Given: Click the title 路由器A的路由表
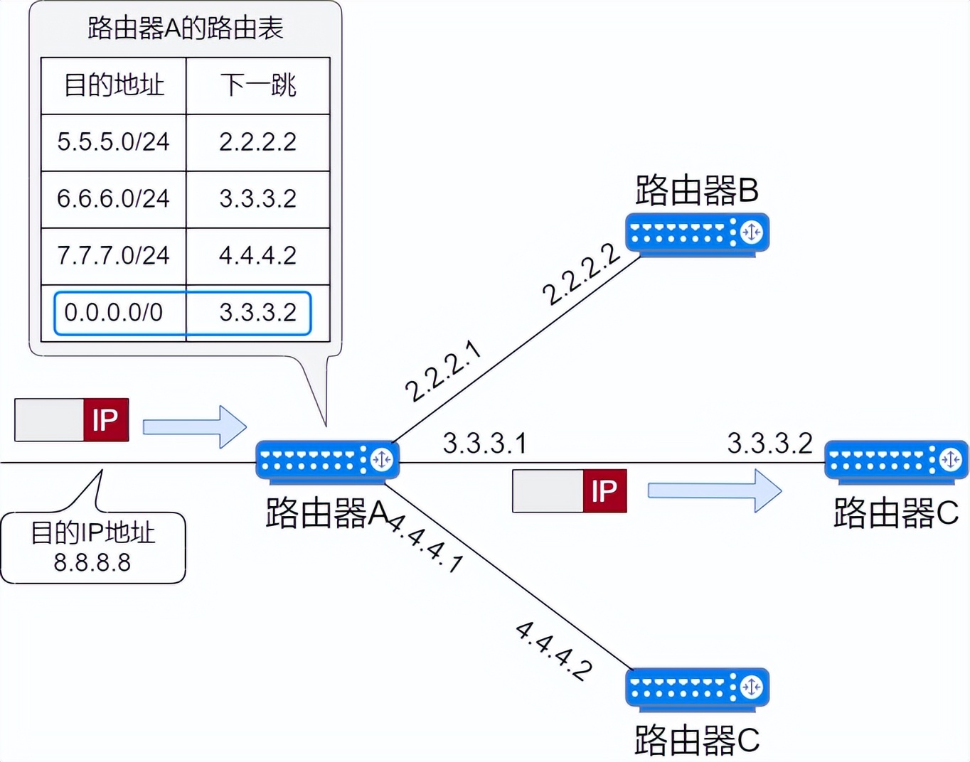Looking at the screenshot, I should pos(185,28).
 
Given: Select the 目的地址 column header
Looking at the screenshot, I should pos(114,85).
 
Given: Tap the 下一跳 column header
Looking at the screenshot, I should pos(258,85).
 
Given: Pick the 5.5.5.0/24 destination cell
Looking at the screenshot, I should pos(114,142).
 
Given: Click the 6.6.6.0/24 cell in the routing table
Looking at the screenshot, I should pos(114,199).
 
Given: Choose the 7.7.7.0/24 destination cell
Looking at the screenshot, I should pos(114,256).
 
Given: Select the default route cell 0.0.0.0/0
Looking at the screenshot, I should pos(114,313).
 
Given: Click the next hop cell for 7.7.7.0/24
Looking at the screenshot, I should pos(258,256).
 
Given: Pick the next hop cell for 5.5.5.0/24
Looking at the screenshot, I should pos(258,142).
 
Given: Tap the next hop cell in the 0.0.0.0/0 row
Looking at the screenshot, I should pos(258,313).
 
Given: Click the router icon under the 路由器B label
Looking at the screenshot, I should pos(697,233).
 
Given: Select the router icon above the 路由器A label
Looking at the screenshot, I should pos(327,461).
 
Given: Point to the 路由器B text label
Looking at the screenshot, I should pos(697,190).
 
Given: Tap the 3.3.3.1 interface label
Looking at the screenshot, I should pos(484,444).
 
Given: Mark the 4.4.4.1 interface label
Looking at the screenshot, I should pos(425,543).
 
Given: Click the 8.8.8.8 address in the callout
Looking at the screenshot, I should pos(92,563).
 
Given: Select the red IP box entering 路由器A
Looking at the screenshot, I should pos(106,420).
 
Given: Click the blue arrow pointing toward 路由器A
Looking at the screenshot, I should pos(194,426).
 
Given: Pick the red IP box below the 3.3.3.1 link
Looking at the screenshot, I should pos(604,491).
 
